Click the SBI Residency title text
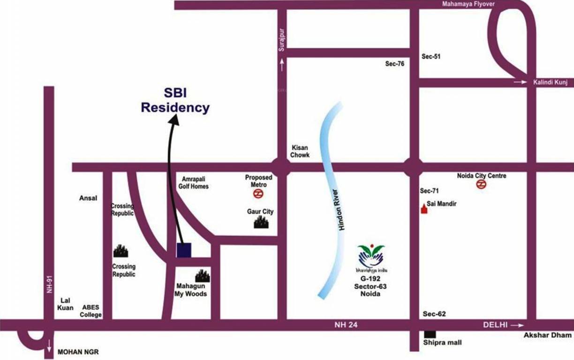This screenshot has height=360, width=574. pyautogui.click(x=175, y=100)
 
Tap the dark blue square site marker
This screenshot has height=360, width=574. pyautogui.click(x=184, y=250)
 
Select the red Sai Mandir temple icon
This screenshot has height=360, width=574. pyautogui.click(x=424, y=209)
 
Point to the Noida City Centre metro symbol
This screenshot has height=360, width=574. pyautogui.click(x=481, y=185)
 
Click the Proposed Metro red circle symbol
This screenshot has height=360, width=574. pyautogui.click(x=258, y=193)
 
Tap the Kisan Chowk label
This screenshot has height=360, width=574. pyautogui.click(x=300, y=151)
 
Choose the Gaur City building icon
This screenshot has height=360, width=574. pyautogui.click(x=262, y=223)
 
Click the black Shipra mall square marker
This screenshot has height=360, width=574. pyautogui.click(x=429, y=335)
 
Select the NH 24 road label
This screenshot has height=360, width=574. pyautogui.click(x=346, y=324)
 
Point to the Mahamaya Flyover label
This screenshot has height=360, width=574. pyautogui.click(x=468, y=4)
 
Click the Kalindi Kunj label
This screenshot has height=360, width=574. pyautogui.click(x=550, y=82)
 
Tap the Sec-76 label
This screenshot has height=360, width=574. pyautogui.click(x=394, y=64)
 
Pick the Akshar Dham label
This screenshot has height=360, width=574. pyautogui.click(x=548, y=335)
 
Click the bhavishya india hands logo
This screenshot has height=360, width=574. pyautogui.click(x=370, y=256)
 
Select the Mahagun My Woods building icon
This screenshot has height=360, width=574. pyautogui.click(x=203, y=276)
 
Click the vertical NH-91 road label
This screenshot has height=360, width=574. pyautogui.click(x=49, y=284)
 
